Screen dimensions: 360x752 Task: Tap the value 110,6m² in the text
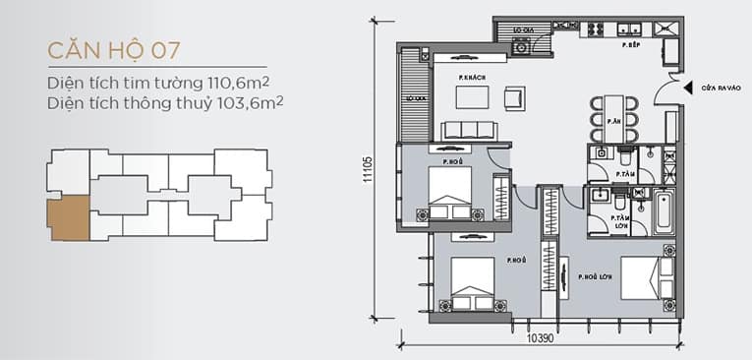coord(237,83)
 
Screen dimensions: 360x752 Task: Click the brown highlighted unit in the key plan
coord(69,216)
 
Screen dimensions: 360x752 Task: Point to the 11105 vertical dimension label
coord(367,173)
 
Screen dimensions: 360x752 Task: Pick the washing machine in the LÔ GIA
coord(518,44)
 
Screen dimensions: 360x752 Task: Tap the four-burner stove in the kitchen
coord(596,29)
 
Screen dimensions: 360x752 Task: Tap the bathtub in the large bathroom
coord(660,212)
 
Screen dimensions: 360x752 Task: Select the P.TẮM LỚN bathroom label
coord(619,221)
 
